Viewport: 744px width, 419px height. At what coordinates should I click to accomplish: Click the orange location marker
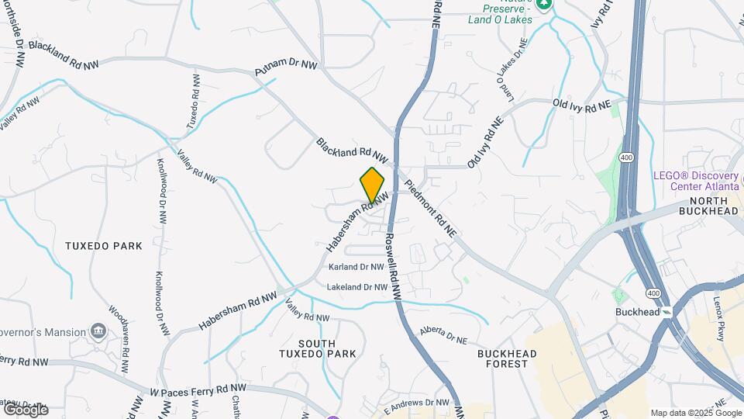372,185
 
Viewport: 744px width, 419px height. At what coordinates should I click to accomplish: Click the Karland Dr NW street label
356,267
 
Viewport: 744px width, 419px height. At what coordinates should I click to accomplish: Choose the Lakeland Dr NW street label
356,287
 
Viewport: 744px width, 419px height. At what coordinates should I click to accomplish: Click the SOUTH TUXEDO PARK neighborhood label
318,348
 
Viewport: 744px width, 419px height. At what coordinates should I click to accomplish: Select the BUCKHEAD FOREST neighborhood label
507,358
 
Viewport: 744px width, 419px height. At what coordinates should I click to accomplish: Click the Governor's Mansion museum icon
98,332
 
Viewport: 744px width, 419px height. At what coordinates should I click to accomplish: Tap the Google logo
25,409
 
